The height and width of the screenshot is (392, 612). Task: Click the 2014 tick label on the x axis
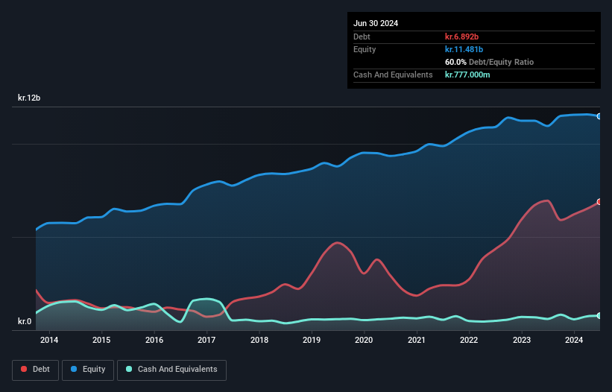pos(49,341)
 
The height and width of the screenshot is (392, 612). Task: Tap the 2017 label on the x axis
pos(206,341)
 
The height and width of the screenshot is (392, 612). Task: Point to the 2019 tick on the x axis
pos(312,341)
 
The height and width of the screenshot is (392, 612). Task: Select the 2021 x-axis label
pos(417,341)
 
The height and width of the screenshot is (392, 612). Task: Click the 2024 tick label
pos(574,341)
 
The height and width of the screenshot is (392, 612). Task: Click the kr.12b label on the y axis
pos(30,98)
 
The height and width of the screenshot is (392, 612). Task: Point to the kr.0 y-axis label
pos(25,321)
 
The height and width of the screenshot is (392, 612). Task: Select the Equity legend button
pos(88,369)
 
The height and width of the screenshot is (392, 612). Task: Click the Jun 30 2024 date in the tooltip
pos(376,23)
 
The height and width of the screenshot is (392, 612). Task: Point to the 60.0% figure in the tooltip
pos(455,62)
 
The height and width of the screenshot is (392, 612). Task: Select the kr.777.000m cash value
pos(467,75)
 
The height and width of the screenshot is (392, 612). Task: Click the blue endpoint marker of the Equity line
pos(598,116)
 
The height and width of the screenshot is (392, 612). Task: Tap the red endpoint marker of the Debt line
pos(598,202)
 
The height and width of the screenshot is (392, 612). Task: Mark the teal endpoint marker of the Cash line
pos(598,316)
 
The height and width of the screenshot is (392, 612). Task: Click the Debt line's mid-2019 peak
pos(338,242)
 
